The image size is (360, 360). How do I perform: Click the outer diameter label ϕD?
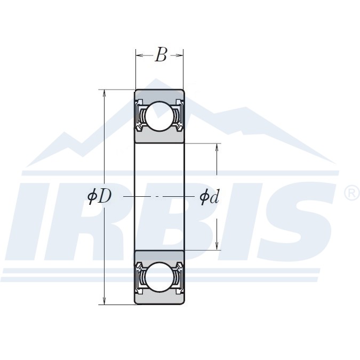tap(99, 196)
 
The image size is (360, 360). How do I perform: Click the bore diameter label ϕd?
tap(209, 196)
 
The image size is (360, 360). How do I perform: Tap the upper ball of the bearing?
tap(159, 116)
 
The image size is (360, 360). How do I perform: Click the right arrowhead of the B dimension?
tap(180, 55)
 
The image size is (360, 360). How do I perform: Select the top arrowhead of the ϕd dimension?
tap(217, 148)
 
